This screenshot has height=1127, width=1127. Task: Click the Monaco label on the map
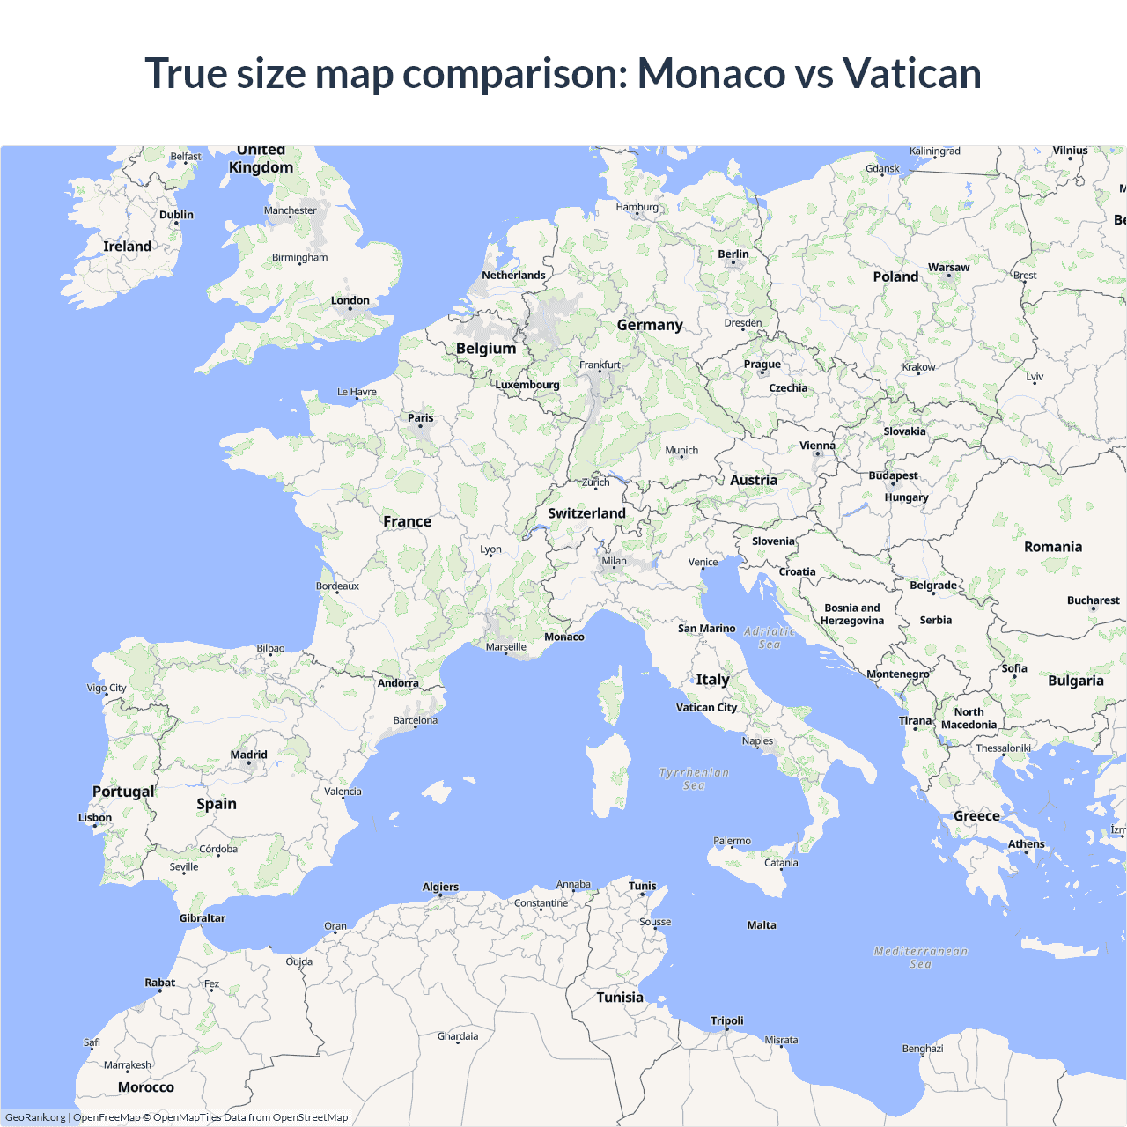[x=564, y=637]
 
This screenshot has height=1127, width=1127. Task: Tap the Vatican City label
[x=706, y=707]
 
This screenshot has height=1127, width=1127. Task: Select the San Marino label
[x=706, y=629]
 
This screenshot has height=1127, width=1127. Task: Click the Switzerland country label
[x=586, y=513]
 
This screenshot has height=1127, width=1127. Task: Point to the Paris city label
[x=420, y=418]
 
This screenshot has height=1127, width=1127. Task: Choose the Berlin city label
[x=733, y=254]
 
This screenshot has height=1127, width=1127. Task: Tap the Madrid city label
[x=248, y=755]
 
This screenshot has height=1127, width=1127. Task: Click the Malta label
[x=762, y=925]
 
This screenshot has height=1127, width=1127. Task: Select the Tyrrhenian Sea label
[x=694, y=778]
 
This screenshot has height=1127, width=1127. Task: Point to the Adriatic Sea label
[x=770, y=637]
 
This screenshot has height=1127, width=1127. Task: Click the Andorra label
[x=398, y=683]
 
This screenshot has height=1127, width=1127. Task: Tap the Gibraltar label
[x=203, y=918]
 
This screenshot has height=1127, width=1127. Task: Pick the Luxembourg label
[x=527, y=385]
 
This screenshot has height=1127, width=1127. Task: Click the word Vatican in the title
[x=911, y=73]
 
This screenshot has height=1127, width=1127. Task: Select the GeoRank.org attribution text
[x=35, y=1117]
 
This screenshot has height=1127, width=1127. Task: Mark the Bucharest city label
[x=1093, y=600]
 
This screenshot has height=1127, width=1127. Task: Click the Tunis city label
[x=642, y=886]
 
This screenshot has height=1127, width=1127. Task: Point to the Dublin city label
[x=176, y=215]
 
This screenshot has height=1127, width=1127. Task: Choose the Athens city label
[x=1026, y=844]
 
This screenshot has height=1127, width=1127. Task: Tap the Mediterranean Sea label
[x=920, y=957]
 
